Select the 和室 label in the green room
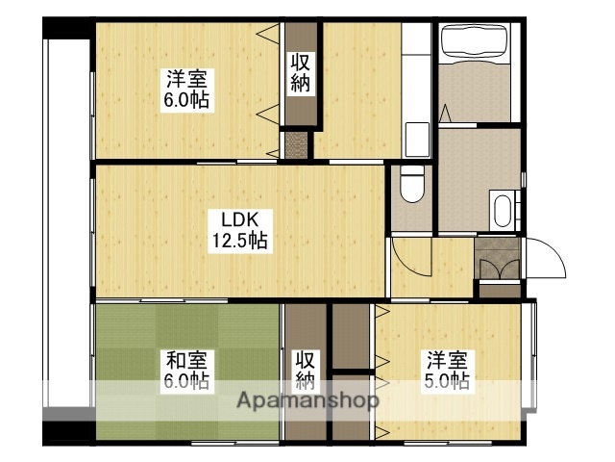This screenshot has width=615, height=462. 186,361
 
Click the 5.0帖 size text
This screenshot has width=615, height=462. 448,382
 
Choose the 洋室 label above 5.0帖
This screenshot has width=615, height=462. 448,361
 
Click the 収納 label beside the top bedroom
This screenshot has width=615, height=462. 300,72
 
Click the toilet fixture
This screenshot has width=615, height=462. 410,183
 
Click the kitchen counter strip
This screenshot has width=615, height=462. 415,91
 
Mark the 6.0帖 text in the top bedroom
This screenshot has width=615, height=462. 187,99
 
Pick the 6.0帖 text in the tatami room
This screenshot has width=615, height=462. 186,382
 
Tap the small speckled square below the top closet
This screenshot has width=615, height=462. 298,144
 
